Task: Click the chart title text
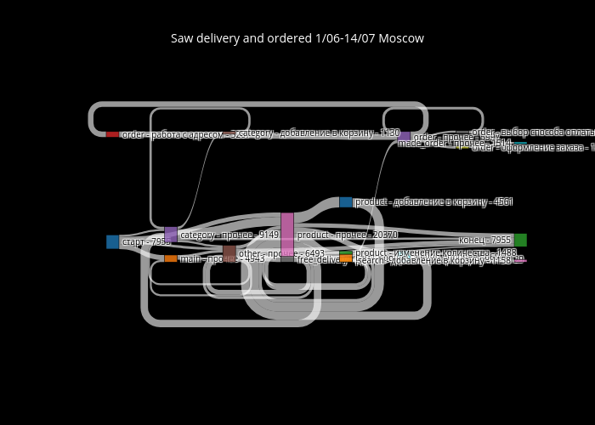(x=297, y=38)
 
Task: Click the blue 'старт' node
(x=112, y=242)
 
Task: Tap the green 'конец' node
(x=520, y=240)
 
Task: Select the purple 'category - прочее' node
(x=171, y=235)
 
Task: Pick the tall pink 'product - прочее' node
(x=287, y=235)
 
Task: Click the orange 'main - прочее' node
(x=171, y=258)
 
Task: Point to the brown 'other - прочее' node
(x=229, y=253)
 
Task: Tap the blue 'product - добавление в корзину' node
(x=345, y=202)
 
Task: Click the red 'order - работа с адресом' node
(x=112, y=134)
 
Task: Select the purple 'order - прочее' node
(x=404, y=136)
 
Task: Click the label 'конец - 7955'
(x=484, y=241)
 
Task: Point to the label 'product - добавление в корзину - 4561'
(x=433, y=202)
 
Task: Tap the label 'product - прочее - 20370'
(x=347, y=235)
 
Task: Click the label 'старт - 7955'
(x=146, y=242)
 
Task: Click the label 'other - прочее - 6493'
(x=281, y=253)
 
